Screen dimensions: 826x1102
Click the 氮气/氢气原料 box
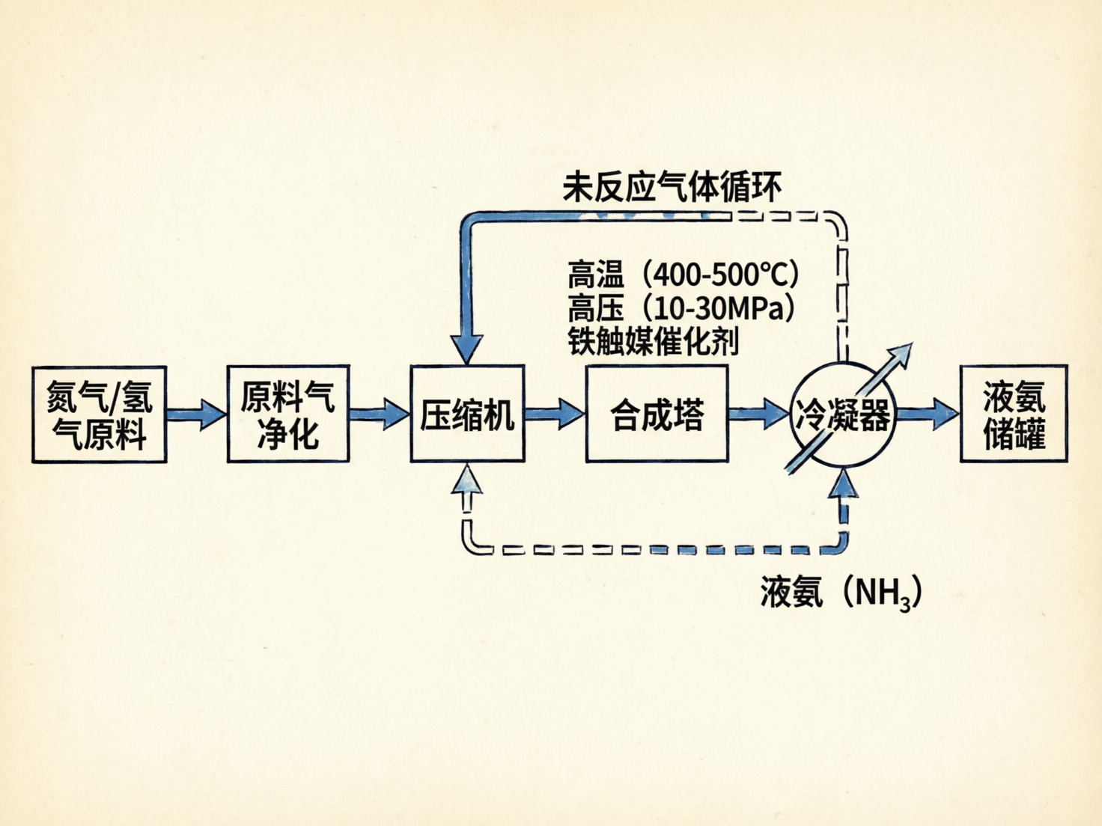[99, 414]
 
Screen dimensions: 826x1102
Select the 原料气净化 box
[288, 414]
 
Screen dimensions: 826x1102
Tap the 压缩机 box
[467, 414]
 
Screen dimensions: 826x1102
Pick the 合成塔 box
[657, 414]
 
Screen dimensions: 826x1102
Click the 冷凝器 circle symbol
[843, 414]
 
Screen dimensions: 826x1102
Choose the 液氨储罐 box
[1014, 414]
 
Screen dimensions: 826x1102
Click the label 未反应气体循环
[672, 187]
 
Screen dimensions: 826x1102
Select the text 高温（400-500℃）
[683, 275]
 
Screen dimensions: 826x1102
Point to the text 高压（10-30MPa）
[681, 308]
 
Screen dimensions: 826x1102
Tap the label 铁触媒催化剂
[653, 342]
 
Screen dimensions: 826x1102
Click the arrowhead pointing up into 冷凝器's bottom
[845, 483]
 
